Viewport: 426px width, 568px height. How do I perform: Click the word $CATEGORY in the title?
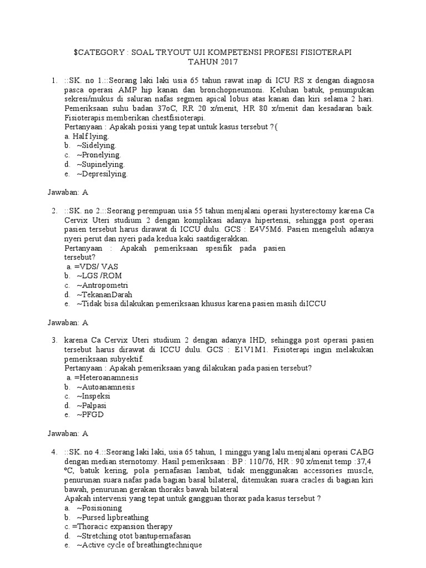click(99, 52)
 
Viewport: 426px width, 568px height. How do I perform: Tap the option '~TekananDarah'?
click(104, 295)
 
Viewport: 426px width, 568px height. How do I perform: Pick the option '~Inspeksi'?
click(94, 396)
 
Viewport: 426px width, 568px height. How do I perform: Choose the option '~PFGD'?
click(90, 414)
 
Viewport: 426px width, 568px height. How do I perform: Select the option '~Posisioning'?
click(99, 508)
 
